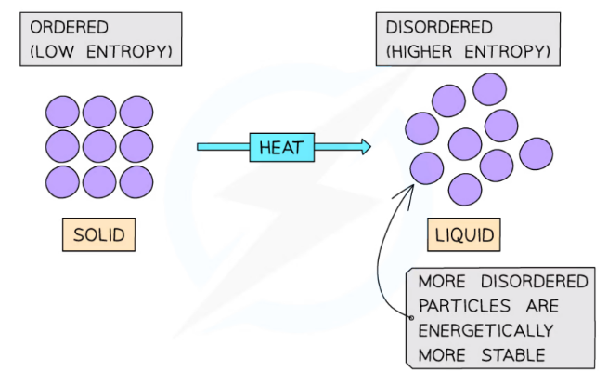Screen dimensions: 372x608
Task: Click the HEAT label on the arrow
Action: point(282,147)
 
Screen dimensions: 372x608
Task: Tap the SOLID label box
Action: point(98,234)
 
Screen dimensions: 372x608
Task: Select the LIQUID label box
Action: point(464,234)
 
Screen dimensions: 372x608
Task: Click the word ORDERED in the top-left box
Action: point(70,28)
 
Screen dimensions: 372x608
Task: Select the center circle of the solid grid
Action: point(99,146)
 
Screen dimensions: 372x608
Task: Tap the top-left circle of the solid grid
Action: point(62,112)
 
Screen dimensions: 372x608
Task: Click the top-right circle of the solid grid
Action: point(136,112)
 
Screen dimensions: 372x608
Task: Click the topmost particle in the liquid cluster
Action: point(489,89)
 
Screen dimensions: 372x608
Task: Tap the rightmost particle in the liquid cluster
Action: point(536,153)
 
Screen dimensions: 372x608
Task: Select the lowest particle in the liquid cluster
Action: point(465,190)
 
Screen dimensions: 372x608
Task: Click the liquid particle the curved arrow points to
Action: point(427,168)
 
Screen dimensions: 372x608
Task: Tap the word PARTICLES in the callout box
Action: point(459,305)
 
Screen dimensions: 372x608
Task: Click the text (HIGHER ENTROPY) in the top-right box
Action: point(468,50)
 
